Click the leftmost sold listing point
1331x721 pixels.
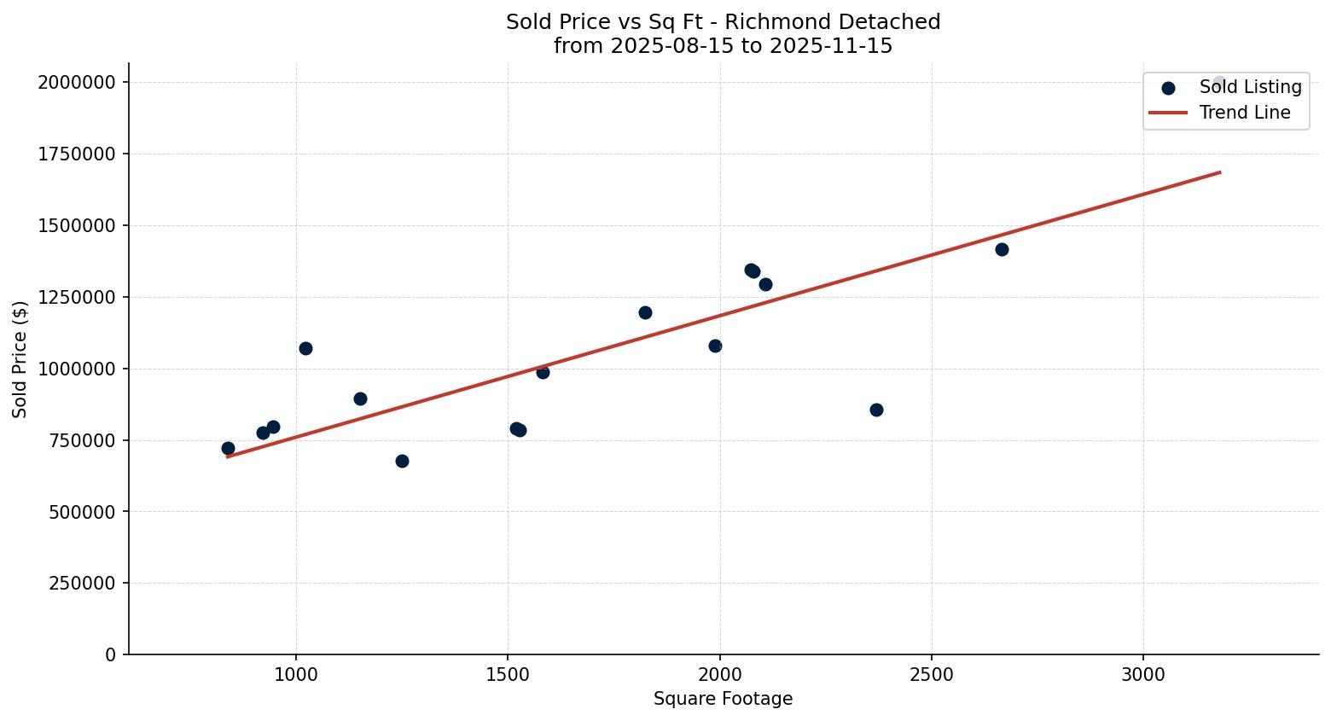pyautogui.click(x=228, y=448)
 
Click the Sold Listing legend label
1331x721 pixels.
pyautogui.click(x=1250, y=87)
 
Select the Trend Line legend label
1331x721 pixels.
pyautogui.click(x=1244, y=113)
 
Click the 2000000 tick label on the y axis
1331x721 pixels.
pyautogui.click(x=76, y=82)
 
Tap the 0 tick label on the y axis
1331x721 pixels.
pyautogui.click(x=111, y=654)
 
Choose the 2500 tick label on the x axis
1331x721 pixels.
pyautogui.click(x=931, y=674)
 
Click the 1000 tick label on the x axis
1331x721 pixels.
pyautogui.click(x=296, y=674)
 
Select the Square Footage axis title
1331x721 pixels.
pyautogui.click(x=723, y=699)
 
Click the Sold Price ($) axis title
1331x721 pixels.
pyautogui.click(x=20, y=359)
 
